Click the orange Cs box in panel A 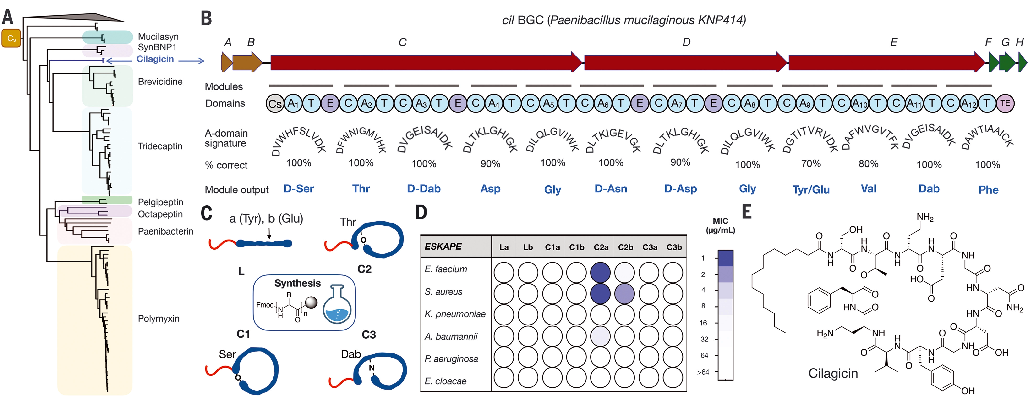[11, 38]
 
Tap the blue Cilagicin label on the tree [155, 59]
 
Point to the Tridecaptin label [160, 146]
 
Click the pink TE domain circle [1005, 103]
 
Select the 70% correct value [811, 164]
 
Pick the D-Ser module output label [299, 189]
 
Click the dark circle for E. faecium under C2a [600, 272]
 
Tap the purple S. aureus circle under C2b [624, 294]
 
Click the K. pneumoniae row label [455, 314]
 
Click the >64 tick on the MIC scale [703, 372]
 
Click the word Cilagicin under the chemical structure [833, 373]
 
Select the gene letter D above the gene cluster [686, 42]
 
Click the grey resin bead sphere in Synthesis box [311, 302]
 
